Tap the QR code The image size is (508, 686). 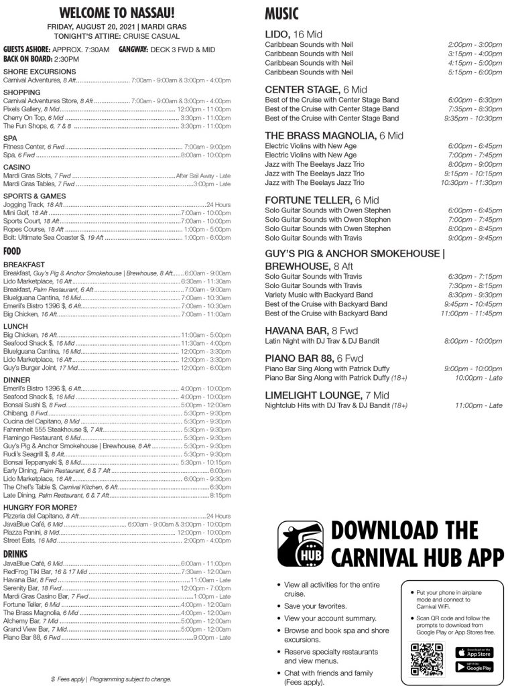(x=427, y=659)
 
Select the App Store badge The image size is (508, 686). (x=474, y=652)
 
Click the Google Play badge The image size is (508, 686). (x=474, y=667)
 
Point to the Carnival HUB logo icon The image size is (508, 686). (x=300, y=543)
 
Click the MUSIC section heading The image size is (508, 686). (x=281, y=14)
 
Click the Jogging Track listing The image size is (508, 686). (x=34, y=204)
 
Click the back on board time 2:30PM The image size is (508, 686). (x=67, y=59)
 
